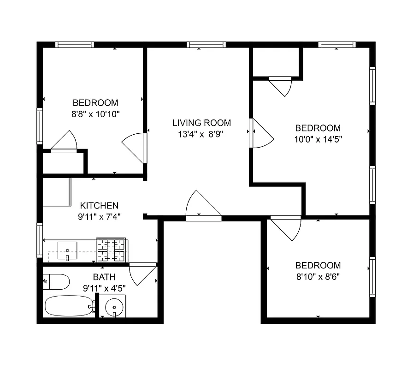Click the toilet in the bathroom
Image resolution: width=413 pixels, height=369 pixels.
(56, 280)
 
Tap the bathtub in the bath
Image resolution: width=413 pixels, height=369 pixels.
(69, 306)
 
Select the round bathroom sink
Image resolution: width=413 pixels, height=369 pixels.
(113, 307)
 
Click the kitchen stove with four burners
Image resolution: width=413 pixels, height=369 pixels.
(111, 250)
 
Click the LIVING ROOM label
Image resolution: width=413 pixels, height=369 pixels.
(201, 123)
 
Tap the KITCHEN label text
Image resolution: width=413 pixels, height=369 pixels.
(100, 206)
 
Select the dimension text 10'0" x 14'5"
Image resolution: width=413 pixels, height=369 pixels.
(318, 138)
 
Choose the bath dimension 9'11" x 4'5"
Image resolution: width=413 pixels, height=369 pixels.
(104, 288)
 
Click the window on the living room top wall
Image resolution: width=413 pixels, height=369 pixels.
(206, 45)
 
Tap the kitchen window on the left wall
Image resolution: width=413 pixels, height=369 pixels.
(40, 238)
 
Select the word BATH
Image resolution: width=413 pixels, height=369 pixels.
(101, 277)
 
